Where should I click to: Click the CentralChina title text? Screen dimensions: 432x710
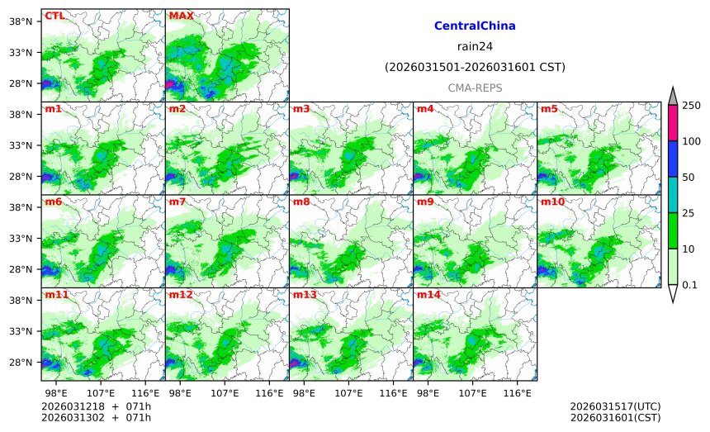pos(475,26)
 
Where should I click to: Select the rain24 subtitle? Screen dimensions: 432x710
pos(475,46)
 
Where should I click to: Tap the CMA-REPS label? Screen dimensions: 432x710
pos(475,88)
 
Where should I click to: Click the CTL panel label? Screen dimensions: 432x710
pos(54,16)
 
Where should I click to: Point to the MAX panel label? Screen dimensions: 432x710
pos(181,16)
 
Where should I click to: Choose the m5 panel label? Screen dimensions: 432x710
pos(549,109)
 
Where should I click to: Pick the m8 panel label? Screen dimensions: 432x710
pos(301,202)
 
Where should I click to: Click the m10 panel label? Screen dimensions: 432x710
pos(552,202)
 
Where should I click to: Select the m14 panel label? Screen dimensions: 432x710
pos(428,295)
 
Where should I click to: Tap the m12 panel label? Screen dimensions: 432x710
pos(181,295)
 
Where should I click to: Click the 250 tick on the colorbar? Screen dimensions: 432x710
pos(692,105)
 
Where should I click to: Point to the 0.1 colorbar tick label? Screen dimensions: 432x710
pos(690,285)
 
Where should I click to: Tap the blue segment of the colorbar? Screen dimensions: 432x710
pos(672,159)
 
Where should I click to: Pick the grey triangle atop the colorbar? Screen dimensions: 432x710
pos(672,97)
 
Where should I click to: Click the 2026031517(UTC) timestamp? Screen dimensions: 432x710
pos(615,406)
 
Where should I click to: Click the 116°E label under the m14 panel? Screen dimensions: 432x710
pos(518,392)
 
